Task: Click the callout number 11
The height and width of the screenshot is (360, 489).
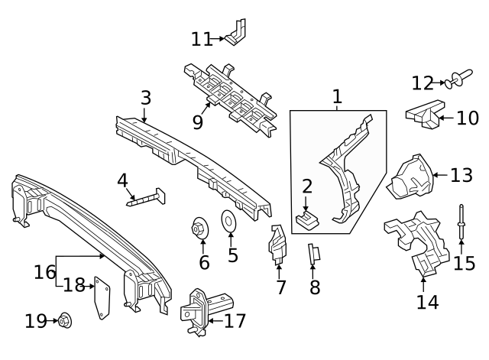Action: pos(202,38)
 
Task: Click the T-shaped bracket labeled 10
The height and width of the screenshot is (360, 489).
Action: pos(424,115)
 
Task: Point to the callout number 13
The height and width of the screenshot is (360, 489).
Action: pos(461,175)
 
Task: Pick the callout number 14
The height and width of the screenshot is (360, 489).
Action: pos(428,301)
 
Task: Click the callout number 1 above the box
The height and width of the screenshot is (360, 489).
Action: pos(337,97)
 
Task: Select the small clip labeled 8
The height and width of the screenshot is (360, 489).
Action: pos(313,254)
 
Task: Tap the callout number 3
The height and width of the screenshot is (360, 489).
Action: pos(145,98)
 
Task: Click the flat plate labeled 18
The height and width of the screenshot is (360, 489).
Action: pos(99,299)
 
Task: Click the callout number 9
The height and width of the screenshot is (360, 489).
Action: pos(198,122)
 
